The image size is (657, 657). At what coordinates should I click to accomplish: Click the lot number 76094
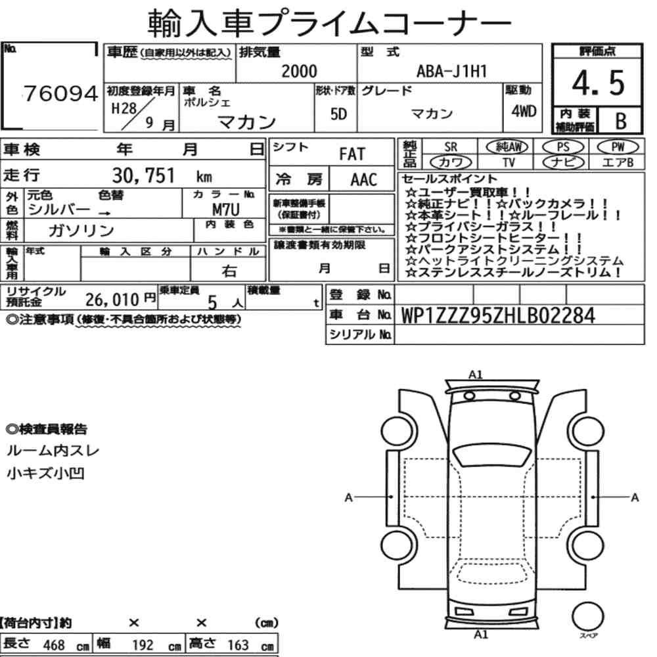60,93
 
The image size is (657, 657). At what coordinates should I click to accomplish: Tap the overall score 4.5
598,83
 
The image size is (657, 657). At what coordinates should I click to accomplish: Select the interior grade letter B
621,121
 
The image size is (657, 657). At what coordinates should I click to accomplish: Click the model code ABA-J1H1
452,71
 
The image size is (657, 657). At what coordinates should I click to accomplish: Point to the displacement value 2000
299,71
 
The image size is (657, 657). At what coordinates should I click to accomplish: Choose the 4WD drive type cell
524,111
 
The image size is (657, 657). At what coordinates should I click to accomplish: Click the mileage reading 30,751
143,175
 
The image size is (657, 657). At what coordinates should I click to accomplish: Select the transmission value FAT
352,154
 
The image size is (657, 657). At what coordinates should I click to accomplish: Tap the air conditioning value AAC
364,180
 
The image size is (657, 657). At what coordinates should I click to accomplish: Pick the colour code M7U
226,209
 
